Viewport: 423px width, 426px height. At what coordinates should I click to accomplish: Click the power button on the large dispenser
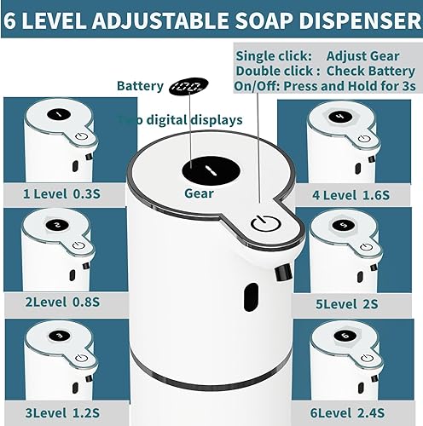point(264,225)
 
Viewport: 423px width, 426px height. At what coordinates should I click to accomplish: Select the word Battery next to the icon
point(140,86)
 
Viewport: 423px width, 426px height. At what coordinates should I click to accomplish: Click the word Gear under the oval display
point(199,193)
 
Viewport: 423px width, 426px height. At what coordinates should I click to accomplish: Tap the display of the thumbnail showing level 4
point(339,116)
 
